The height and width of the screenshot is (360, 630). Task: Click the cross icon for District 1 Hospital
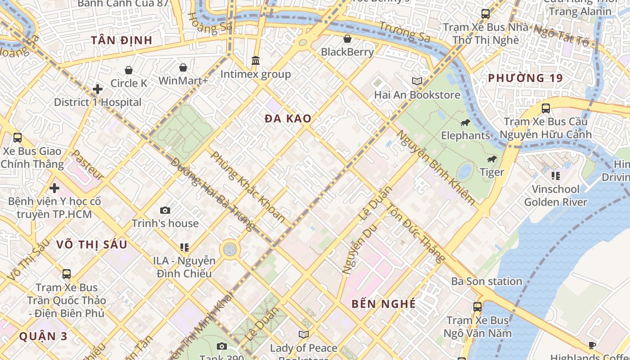point(98,89)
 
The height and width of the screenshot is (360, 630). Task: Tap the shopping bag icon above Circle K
point(129,70)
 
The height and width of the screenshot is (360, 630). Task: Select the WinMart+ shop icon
point(183,68)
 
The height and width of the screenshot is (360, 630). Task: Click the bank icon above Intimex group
point(256,60)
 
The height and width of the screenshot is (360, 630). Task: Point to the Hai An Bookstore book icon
point(417,81)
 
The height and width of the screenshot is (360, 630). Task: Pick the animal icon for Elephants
point(465,122)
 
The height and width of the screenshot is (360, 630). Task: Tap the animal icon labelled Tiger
point(492,159)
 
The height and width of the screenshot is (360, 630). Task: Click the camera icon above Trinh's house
point(165,210)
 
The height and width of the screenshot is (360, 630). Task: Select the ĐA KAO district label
point(288,119)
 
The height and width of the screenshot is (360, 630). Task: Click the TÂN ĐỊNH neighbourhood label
point(122,40)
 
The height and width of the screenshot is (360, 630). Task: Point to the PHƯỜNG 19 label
point(525,78)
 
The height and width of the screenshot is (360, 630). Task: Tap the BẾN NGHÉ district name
point(383,304)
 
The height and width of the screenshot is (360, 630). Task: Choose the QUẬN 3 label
point(44,336)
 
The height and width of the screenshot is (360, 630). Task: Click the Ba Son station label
point(486,281)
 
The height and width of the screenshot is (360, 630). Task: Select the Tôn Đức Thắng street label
point(416,233)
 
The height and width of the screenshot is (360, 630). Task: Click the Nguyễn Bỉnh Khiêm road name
point(435,167)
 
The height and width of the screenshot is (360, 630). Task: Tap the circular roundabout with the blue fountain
point(230,249)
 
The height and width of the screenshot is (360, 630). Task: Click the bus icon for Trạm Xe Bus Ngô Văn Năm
point(477,307)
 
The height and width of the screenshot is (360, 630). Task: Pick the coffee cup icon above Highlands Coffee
point(592,345)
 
